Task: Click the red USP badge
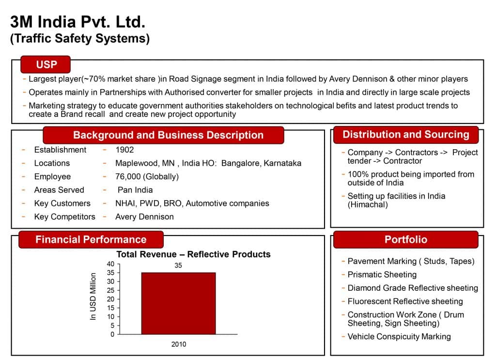point(46,64)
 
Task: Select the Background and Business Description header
point(163,135)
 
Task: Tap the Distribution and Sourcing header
point(406,135)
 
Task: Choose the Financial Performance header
point(91,239)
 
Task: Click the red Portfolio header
point(406,239)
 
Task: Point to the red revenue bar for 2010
point(178,303)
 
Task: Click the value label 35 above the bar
point(178,266)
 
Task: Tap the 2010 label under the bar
point(179,344)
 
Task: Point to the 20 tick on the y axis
point(110,299)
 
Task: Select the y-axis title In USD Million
point(93,297)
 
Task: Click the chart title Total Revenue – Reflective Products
point(193,254)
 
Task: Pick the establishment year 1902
point(124,150)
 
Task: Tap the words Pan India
point(135,190)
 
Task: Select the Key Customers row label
point(62,203)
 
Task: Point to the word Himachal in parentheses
point(368,204)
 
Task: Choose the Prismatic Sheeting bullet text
point(382,275)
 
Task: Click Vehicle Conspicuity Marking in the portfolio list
point(399,337)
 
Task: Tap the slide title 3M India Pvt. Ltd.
point(78,22)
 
